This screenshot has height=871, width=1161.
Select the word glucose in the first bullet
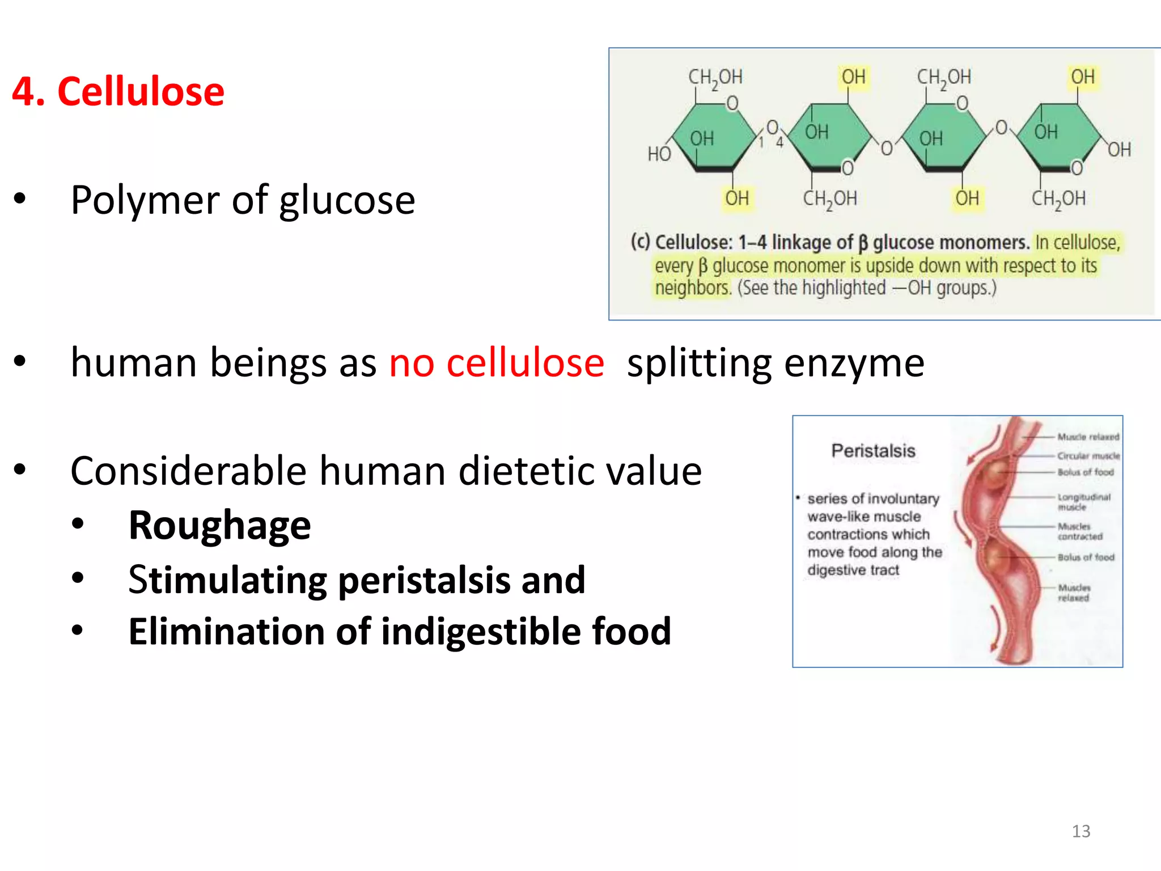pyautogui.click(x=347, y=201)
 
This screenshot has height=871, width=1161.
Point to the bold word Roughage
pyautogui.click(x=219, y=526)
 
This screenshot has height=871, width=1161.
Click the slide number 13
pyautogui.click(x=1081, y=831)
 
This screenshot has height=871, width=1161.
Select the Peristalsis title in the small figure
pyautogui.click(x=873, y=451)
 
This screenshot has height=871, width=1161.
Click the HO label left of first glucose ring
pyautogui.click(x=659, y=154)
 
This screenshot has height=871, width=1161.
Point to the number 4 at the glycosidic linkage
pyautogui.click(x=779, y=142)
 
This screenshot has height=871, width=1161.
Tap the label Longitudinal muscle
pyautogui.click(x=1082, y=502)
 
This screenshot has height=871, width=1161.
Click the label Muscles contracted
pyautogui.click(x=1079, y=531)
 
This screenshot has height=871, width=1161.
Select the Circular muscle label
pyautogui.click(x=1088, y=456)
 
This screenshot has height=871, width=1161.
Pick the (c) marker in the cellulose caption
pyautogui.click(x=641, y=242)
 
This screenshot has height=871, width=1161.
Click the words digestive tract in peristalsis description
pyautogui.click(x=853, y=570)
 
